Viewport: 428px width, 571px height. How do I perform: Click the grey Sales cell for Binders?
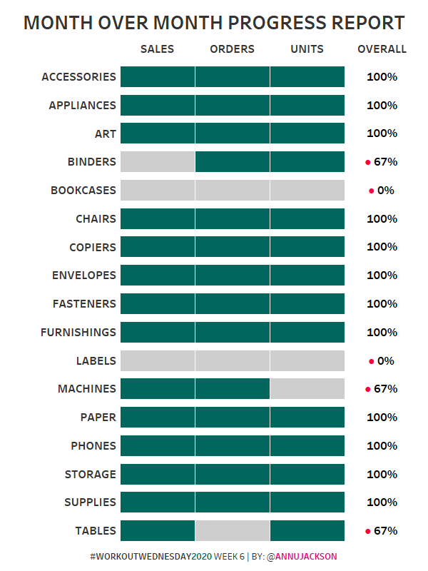[x=158, y=162]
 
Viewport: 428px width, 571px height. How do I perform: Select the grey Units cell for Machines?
[x=307, y=389]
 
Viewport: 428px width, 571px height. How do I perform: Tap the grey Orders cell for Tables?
[x=233, y=531]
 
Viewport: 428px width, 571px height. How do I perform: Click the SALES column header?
[x=157, y=49]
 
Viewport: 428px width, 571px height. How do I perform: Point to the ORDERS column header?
[x=232, y=49]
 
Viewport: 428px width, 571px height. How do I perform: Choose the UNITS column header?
[x=307, y=49]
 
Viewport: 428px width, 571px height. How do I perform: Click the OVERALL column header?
[x=382, y=49]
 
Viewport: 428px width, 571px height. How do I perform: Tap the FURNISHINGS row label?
[x=78, y=333]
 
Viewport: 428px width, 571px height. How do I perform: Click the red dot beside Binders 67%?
[x=368, y=163]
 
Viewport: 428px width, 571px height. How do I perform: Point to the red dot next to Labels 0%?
[x=371, y=362]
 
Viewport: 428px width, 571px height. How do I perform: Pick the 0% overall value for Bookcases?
[x=386, y=191]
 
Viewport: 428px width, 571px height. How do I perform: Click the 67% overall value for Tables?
[x=385, y=531]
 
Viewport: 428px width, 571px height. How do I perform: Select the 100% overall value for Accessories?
[x=382, y=77]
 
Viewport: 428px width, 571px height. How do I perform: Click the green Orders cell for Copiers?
[x=233, y=247]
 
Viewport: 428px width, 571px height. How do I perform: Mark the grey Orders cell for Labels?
[x=233, y=361]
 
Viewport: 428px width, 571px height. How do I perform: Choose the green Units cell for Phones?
[x=307, y=446]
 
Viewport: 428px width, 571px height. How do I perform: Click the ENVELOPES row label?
[x=83, y=276]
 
